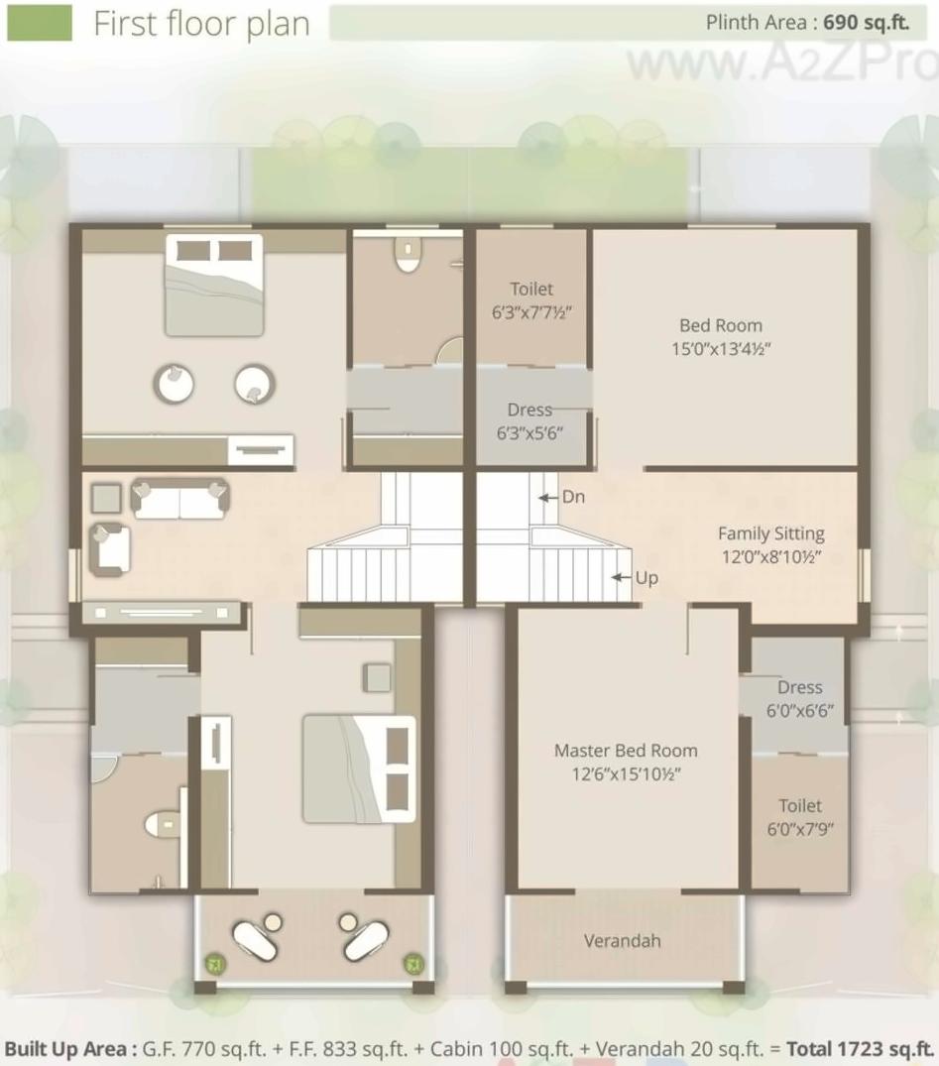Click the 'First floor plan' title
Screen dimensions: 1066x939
[x=201, y=24]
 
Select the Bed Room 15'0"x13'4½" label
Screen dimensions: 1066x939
[x=721, y=336]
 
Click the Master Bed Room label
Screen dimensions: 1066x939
[x=625, y=762]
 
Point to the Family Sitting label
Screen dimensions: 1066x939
[x=770, y=544]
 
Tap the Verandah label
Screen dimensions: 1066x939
[x=622, y=940]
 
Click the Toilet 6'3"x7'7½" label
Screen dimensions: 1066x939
[x=531, y=299]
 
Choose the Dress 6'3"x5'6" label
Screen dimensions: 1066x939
[x=529, y=420]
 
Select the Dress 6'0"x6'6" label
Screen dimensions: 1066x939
[x=799, y=698]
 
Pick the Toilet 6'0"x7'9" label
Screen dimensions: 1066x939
[x=799, y=817]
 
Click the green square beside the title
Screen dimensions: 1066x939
[x=40, y=23]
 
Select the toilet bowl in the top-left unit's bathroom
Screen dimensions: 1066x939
[x=407, y=257]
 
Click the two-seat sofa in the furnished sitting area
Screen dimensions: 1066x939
[x=180, y=499]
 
